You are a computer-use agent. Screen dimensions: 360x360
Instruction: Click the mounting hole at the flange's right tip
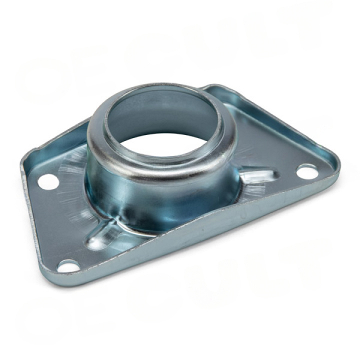point(307,172)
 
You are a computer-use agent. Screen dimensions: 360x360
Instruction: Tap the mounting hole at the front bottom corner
point(68,265)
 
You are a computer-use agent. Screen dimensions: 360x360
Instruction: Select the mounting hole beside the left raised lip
point(48,181)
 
